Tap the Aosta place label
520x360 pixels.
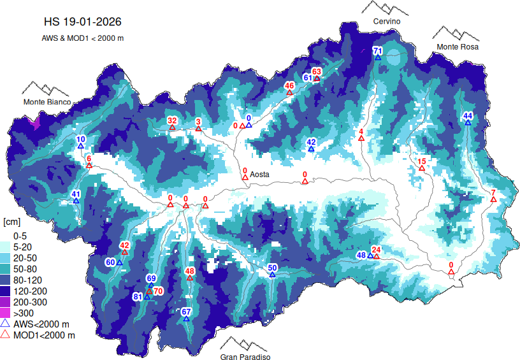[259, 174]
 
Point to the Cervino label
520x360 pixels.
[387, 22]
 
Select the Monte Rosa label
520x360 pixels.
[457, 47]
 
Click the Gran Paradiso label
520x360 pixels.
[245, 357]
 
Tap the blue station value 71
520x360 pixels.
[377, 50]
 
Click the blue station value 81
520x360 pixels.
[138, 296]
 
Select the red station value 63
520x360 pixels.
[317, 71]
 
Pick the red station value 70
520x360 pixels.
[159, 291]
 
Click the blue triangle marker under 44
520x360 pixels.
[468, 122]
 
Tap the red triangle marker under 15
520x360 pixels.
[421, 168]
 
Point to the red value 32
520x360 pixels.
[172, 120]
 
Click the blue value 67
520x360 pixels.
[186, 311]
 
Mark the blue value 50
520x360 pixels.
[272, 268]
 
